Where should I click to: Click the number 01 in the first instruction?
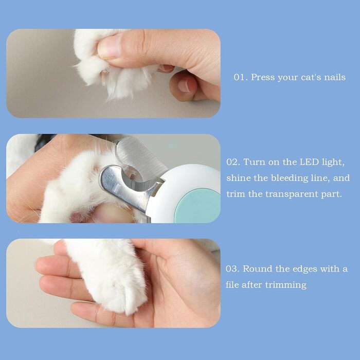tap(239, 77)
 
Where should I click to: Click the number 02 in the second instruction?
tap(232, 162)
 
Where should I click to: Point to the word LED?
tap(309, 162)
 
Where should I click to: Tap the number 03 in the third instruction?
tap(231, 269)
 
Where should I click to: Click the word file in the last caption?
tap(232, 285)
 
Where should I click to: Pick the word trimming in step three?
tap(285, 285)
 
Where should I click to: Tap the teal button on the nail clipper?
tap(197, 206)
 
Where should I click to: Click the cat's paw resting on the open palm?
tap(108, 276)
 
